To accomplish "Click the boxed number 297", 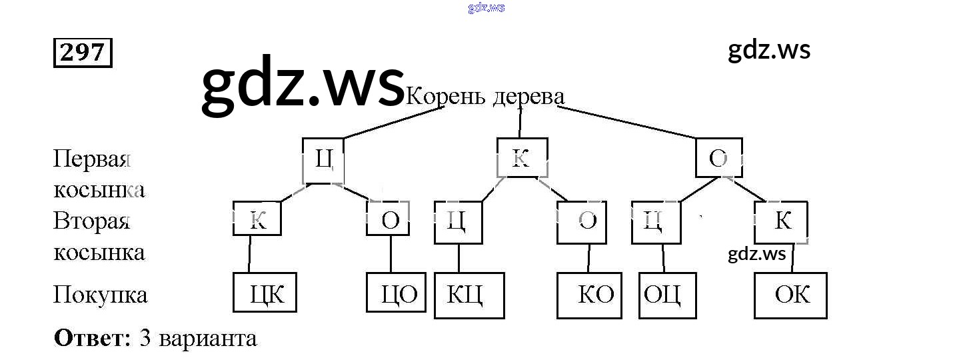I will (x=83, y=53).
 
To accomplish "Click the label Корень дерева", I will (x=485, y=97).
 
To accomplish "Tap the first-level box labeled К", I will (x=522, y=158).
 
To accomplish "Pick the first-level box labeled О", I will (x=718, y=158).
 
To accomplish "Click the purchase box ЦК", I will (x=265, y=292).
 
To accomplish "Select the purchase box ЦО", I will (x=397, y=293).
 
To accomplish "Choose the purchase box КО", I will (x=589, y=294).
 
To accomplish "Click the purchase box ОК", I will (x=790, y=294).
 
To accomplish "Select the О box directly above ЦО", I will (x=388, y=219).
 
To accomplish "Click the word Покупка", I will (x=100, y=295).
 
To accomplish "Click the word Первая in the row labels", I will (x=91, y=160).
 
